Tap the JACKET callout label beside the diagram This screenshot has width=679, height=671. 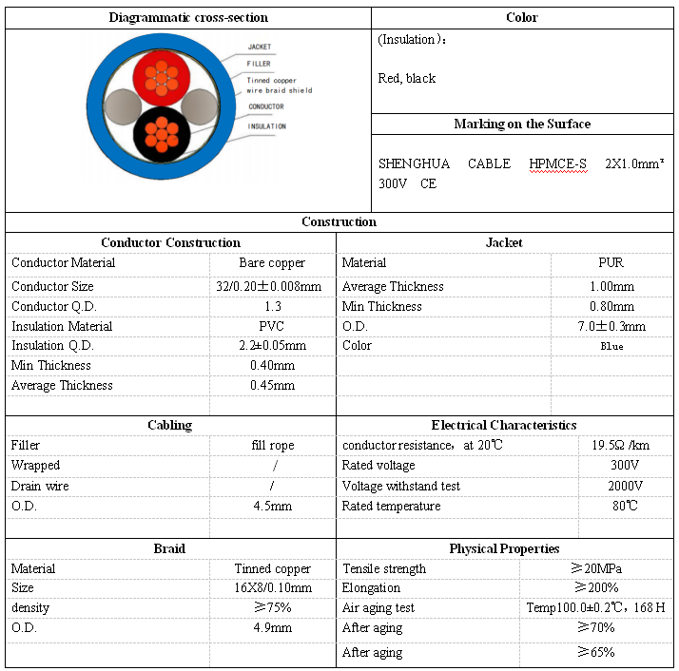point(259,47)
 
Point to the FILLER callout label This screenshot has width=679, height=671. point(259,64)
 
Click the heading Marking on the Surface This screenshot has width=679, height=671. point(522,125)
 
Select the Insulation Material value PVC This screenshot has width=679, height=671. point(272,326)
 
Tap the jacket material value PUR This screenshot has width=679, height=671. point(611,262)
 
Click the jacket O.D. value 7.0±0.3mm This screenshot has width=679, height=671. point(611,326)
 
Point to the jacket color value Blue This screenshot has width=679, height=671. point(611,346)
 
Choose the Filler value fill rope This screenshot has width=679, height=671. point(272,445)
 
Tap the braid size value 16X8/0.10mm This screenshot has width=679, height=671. point(272,587)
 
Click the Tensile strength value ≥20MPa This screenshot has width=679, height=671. point(596,568)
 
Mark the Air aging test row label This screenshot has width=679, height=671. point(378,607)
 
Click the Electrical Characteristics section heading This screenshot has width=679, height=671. point(504,425)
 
